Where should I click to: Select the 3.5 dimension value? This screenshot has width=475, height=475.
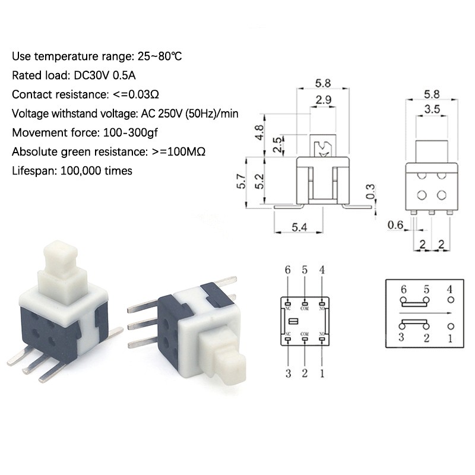[x=432, y=109]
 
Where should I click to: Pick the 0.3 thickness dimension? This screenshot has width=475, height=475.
[x=370, y=191]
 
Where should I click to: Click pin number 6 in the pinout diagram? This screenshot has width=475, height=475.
[x=288, y=270]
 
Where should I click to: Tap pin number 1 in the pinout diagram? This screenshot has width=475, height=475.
[x=322, y=373]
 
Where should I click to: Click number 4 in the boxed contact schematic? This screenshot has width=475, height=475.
[x=449, y=289]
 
